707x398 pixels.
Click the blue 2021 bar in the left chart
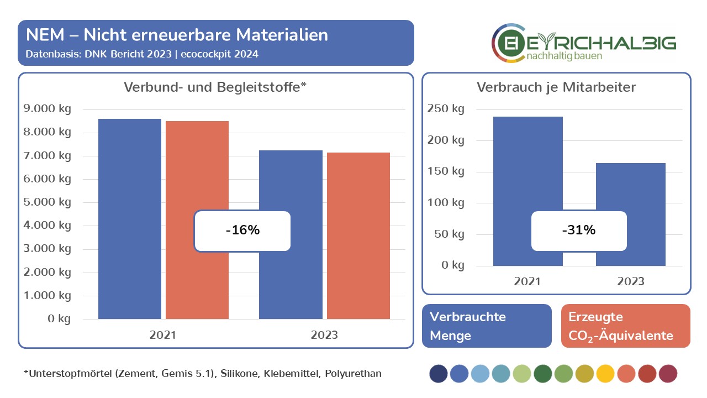tap(130, 166)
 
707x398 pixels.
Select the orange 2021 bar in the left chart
tap(197, 166)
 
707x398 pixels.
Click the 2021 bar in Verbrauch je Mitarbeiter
tap(527, 166)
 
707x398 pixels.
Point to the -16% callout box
tap(242, 231)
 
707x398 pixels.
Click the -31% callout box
tap(579, 231)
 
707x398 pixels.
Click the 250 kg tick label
tap(446, 109)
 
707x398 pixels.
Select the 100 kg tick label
tap(446, 203)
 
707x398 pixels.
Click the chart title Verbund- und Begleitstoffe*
tap(215, 87)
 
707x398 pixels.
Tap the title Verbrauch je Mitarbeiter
tap(556, 87)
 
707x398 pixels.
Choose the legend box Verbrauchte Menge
tap(487, 326)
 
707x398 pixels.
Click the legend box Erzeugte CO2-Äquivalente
tap(626, 326)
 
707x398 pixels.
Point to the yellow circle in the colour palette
tap(605, 374)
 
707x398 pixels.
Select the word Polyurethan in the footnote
tap(353, 374)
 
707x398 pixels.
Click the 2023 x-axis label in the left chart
tap(324, 335)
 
